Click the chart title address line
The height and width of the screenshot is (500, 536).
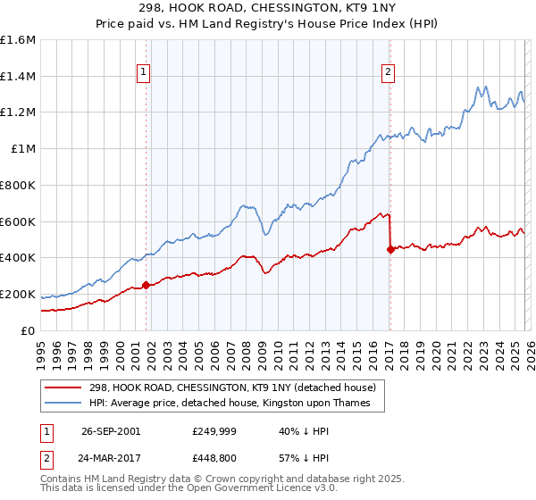pyautogui.click(x=267, y=8)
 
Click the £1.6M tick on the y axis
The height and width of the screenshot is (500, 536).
pyautogui.click(x=18, y=40)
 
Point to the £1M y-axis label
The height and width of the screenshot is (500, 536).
pyautogui.click(x=23, y=149)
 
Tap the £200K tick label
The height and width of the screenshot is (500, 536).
pyautogui.click(x=18, y=294)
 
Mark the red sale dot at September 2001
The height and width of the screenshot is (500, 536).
pyautogui.click(x=147, y=286)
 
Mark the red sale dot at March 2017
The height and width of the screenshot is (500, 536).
pyautogui.click(x=390, y=249)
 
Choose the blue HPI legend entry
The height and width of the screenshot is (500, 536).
pyautogui.click(x=236, y=404)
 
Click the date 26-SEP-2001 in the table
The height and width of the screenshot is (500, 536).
pyautogui.click(x=111, y=431)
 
